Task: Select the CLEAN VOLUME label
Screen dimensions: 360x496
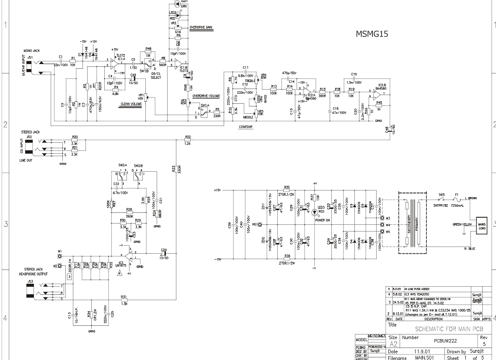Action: pyautogui.click(x=131, y=103)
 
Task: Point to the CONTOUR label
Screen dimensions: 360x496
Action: pyautogui.click(x=246, y=126)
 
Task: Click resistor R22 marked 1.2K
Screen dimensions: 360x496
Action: pyautogui.click(x=188, y=140)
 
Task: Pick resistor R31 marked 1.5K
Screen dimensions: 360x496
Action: pyautogui.click(x=124, y=300)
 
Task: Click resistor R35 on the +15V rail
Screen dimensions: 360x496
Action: pyautogui.click(x=287, y=190)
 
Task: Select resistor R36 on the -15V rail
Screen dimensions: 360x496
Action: pyautogui.click(x=287, y=260)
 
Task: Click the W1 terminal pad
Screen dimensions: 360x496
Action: pyautogui.click(x=60, y=255)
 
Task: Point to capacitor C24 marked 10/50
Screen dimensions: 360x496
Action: pyautogui.click(x=163, y=253)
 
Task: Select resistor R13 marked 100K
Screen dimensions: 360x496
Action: pyautogui.click(x=274, y=89)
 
